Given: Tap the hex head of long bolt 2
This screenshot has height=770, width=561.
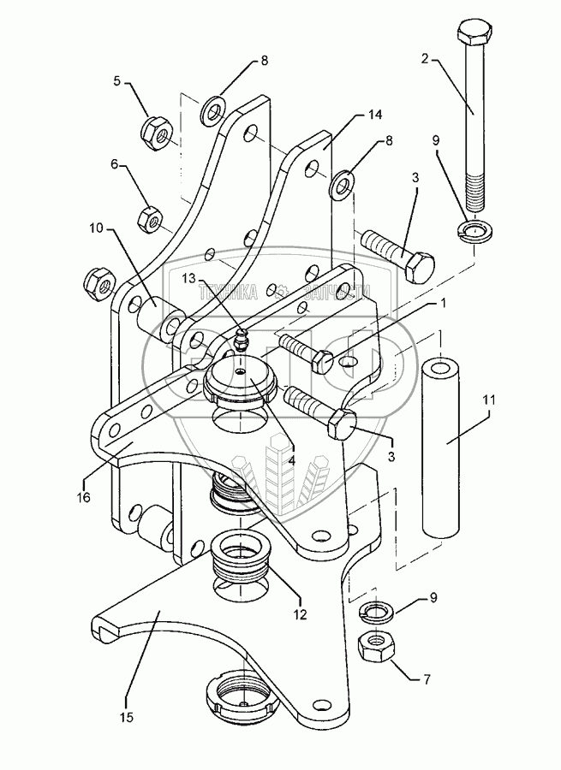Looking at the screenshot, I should click(473, 38).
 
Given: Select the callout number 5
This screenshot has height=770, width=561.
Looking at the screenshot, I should click(117, 83).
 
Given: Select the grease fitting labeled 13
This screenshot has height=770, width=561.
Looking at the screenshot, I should click(241, 339).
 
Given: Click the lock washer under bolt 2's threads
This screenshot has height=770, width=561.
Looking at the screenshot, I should click(470, 229).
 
